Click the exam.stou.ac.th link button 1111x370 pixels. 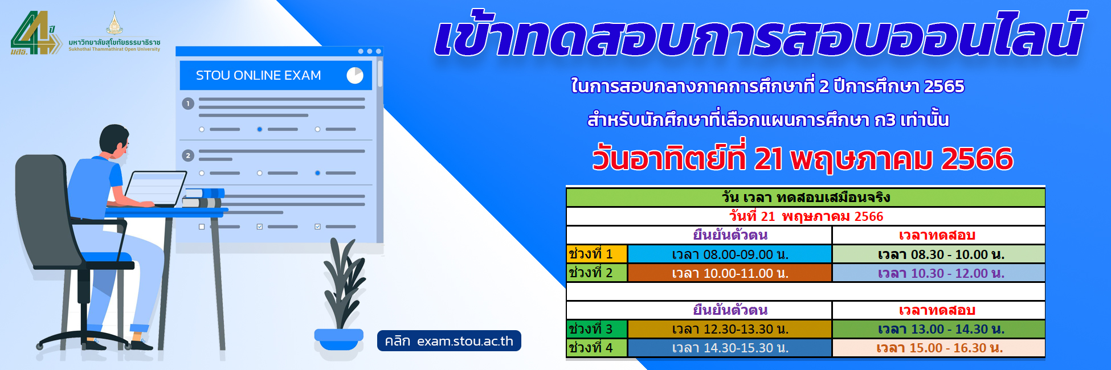449,341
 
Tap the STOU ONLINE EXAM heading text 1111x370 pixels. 258,75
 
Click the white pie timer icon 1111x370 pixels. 355,75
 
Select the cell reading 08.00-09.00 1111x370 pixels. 730,254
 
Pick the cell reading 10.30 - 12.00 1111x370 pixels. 938,273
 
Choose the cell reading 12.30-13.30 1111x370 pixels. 730,329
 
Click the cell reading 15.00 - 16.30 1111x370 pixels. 938,348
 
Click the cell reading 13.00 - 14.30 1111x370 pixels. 938,329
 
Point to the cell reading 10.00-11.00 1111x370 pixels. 730,273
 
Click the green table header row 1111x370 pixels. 806,198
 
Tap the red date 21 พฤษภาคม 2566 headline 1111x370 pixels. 803,158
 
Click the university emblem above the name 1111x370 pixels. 115,23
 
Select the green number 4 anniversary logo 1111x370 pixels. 35,33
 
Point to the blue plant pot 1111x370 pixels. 338,340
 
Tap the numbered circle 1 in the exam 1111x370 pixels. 188,104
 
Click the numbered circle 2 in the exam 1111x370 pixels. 188,155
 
